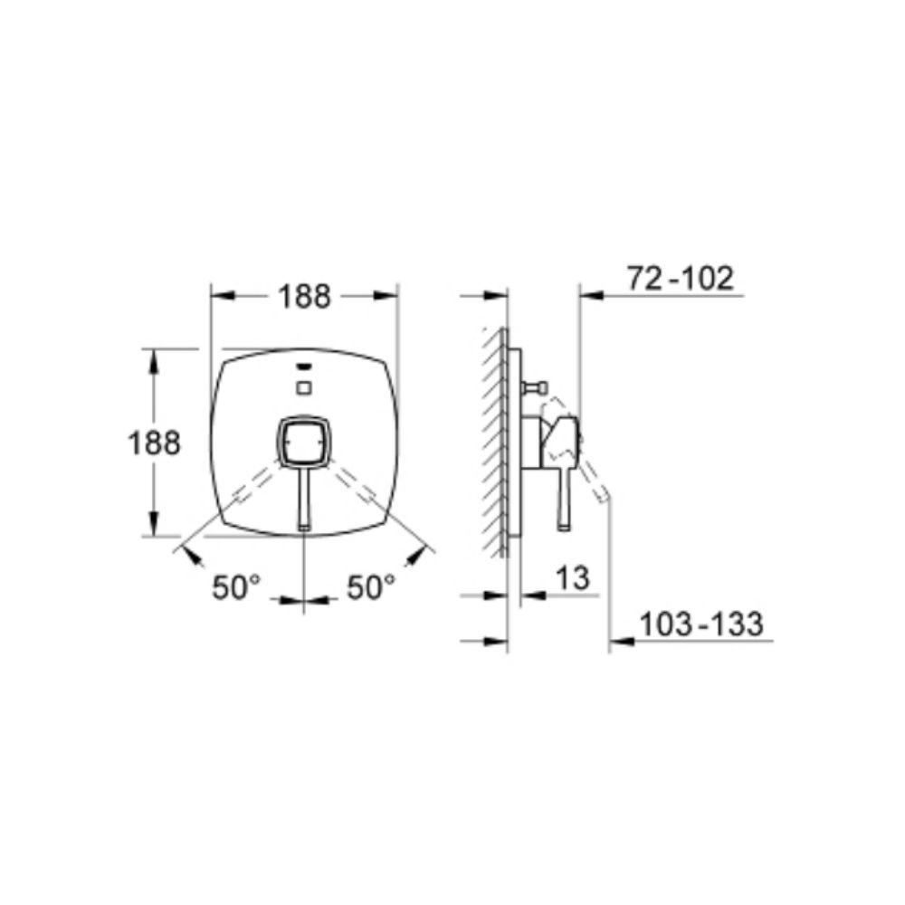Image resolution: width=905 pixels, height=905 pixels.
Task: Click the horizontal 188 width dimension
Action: [305, 297]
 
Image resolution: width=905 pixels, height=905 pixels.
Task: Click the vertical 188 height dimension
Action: [154, 443]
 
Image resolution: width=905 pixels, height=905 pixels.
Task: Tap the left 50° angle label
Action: [236, 587]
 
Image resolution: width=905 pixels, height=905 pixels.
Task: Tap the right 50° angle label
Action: [371, 587]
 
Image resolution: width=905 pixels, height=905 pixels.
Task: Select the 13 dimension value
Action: [573, 577]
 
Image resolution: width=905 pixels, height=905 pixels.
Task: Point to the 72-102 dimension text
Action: [681, 278]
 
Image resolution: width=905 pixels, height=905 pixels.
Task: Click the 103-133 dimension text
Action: [701, 624]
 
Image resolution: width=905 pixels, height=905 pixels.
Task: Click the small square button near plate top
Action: [303, 388]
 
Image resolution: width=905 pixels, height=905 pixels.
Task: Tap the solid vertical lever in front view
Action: [304, 499]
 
